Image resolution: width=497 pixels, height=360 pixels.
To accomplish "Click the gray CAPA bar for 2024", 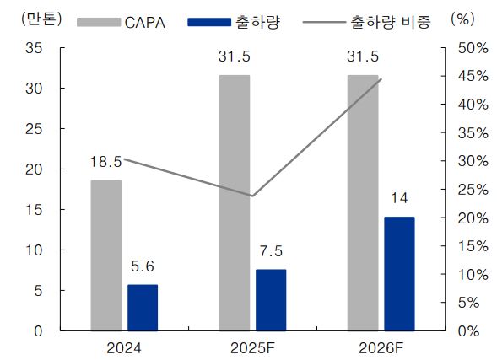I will [x=105, y=255].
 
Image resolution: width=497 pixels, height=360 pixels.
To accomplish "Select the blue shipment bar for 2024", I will [x=143, y=308].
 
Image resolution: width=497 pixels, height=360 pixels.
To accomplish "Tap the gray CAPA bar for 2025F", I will [x=234, y=202].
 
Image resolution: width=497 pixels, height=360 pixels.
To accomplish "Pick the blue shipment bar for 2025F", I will [x=271, y=299].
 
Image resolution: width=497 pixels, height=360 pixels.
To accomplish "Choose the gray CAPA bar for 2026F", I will [x=363, y=202].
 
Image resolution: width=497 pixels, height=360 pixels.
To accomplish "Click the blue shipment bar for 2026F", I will [x=400, y=273].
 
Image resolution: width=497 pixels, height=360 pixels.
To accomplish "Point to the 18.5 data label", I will [x=107, y=160].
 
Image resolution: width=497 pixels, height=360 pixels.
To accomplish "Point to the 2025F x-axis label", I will [x=252, y=347].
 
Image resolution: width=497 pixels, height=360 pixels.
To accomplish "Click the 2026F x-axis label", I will [x=381, y=347].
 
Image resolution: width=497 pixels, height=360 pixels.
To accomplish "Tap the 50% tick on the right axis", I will [x=469, y=48].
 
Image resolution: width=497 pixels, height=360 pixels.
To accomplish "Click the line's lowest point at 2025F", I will [x=252, y=196].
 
